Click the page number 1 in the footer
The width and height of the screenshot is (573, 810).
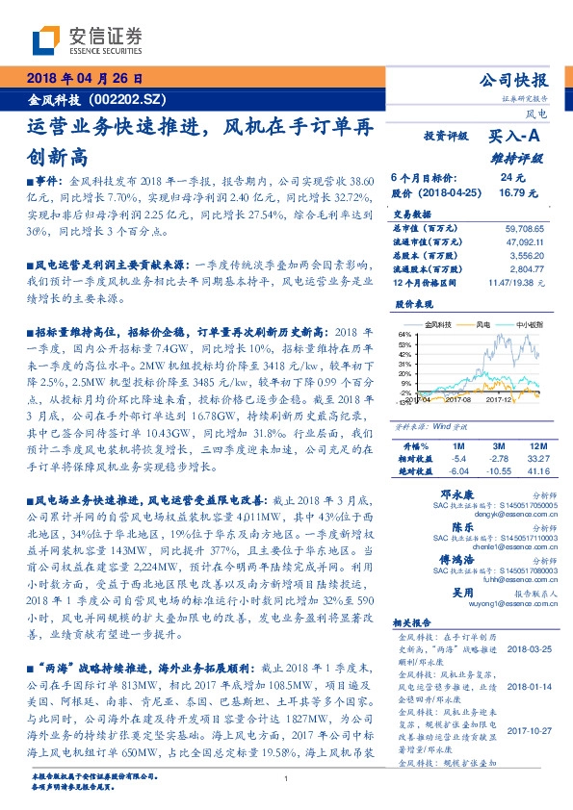286,779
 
